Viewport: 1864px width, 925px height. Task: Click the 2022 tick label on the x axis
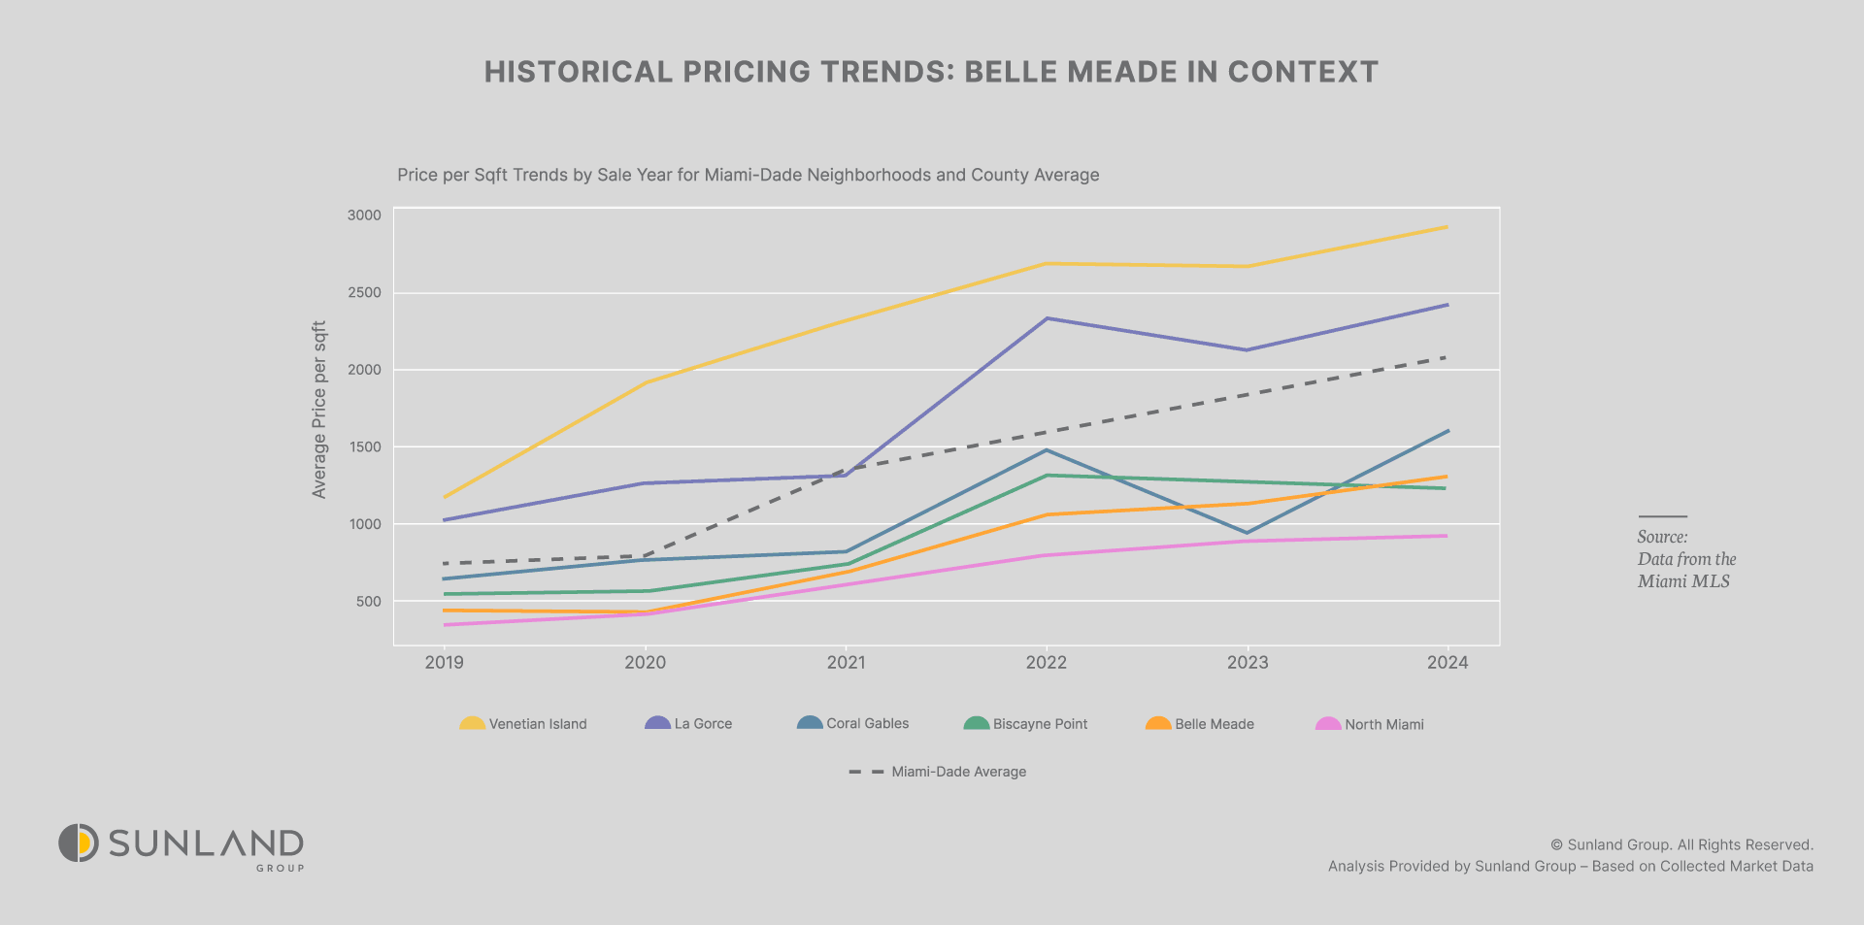(x=1046, y=663)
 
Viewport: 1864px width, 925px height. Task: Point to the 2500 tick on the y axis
(x=364, y=293)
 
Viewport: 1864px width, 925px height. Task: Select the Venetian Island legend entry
(x=523, y=724)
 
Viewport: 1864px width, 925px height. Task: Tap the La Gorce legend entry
(x=688, y=724)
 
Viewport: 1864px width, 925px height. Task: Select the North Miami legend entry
(x=1370, y=724)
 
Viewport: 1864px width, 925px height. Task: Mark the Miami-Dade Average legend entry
(x=938, y=772)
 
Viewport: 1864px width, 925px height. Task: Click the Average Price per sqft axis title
(x=319, y=410)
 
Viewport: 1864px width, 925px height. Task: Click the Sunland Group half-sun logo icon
(x=79, y=842)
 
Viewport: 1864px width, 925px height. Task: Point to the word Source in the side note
(x=1662, y=537)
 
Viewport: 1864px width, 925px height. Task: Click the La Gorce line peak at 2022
(x=1047, y=318)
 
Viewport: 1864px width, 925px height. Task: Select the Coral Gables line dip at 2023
(x=1248, y=533)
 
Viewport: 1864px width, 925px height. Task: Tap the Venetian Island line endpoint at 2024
(x=1448, y=227)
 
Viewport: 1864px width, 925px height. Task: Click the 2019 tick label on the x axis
(x=445, y=663)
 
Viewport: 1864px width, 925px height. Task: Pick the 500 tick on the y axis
(x=368, y=602)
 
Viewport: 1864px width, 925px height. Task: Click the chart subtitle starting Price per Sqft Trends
(x=748, y=176)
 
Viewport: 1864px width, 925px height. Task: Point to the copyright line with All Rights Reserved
(x=1681, y=844)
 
